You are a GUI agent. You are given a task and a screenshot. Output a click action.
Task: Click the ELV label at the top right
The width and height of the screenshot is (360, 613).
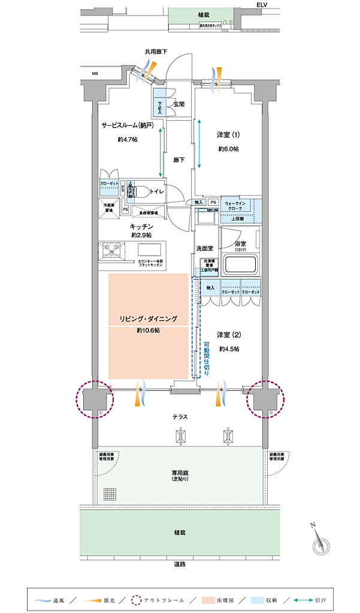[x=262, y=4]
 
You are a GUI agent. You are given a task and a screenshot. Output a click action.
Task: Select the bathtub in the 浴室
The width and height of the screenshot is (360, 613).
[x=240, y=264]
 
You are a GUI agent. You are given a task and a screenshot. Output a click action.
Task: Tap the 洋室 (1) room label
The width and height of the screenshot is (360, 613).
[x=228, y=135]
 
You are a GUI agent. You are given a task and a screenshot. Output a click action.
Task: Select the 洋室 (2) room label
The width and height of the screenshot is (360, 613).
[x=228, y=334]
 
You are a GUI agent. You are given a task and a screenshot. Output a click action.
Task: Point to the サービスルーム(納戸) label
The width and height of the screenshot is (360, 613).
[x=128, y=126]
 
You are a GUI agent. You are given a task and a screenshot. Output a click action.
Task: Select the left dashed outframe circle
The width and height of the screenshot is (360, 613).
[x=95, y=398]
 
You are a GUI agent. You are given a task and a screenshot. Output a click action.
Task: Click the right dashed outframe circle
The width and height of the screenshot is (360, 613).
[x=265, y=398]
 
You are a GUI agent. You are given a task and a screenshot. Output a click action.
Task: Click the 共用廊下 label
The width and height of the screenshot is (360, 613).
[x=155, y=52]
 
